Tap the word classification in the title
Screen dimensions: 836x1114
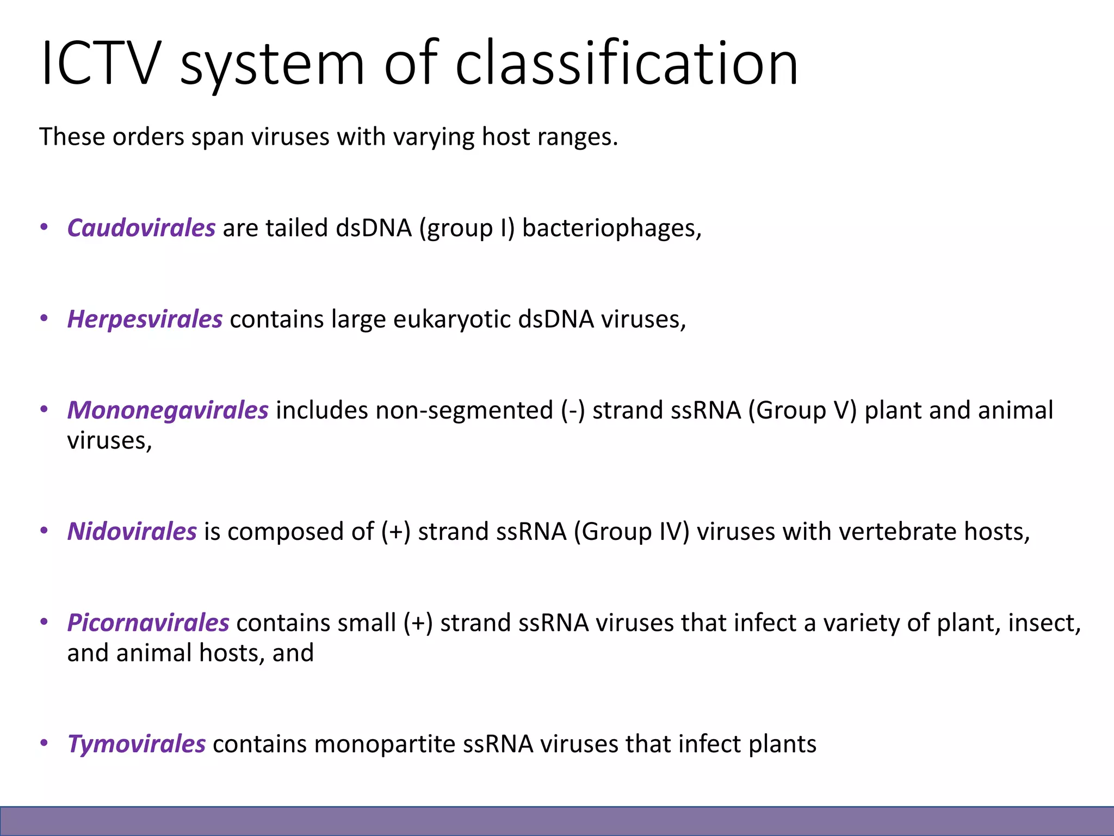(627, 63)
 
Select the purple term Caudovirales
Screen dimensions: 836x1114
(141, 228)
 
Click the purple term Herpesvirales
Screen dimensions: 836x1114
(145, 319)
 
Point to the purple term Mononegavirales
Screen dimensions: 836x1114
(168, 410)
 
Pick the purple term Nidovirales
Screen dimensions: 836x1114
(132, 532)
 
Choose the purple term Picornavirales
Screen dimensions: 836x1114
(148, 623)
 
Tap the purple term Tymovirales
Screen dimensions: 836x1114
(136, 744)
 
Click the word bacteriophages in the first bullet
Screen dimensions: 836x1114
(611, 228)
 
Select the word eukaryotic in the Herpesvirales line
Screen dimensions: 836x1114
(452, 319)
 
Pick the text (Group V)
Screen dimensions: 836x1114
(802, 410)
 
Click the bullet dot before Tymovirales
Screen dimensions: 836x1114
(45, 742)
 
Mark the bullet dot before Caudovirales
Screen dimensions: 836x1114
(45, 226)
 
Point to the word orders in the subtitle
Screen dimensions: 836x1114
(148, 137)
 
